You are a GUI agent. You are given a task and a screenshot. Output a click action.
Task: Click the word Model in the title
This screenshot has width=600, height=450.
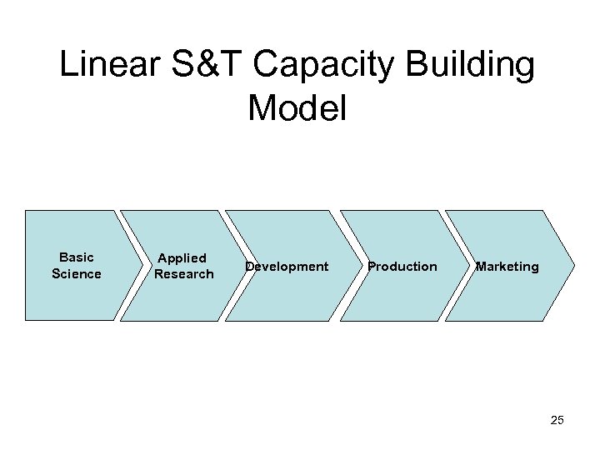(x=297, y=109)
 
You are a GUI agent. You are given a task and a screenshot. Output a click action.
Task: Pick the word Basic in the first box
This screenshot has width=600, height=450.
(x=77, y=257)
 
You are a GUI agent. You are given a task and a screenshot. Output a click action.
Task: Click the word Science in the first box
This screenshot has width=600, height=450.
(x=77, y=274)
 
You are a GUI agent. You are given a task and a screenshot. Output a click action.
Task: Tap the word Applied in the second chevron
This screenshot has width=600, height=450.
(x=182, y=258)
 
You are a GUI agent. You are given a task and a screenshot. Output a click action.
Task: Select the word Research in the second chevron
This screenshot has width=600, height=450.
(x=184, y=274)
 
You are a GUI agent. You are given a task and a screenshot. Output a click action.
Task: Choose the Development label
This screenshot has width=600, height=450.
(x=287, y=267)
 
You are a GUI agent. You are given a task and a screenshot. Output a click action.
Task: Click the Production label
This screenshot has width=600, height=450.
(x=402, y=267)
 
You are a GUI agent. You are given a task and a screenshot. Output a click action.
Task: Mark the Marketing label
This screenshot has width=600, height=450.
(x=507, y=267)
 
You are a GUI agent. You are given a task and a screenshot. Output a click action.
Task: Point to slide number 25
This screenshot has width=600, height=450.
(x=557, y=420)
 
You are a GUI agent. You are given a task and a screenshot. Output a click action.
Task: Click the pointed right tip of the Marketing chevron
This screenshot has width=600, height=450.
(x=575, y=265)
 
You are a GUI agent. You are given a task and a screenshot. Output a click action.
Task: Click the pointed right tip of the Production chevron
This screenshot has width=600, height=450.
(x=467, y=265)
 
